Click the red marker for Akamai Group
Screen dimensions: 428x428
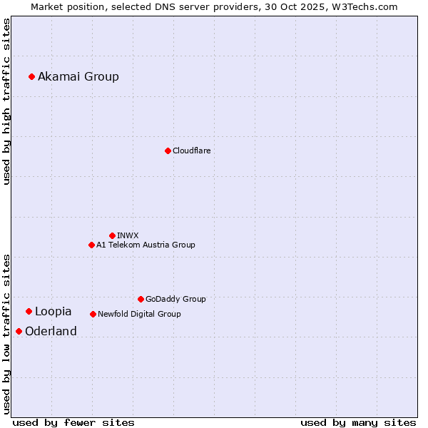tap(31, 76)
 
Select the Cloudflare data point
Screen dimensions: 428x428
tap(168, 151)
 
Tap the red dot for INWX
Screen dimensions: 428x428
tap(112, 235)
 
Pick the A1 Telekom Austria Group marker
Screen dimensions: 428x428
tap(91, 245)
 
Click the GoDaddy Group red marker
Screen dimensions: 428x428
tap(141, 299)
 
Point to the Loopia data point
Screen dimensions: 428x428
tap(29, 311)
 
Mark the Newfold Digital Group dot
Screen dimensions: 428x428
tap(93, 314)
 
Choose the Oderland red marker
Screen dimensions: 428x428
tap(19, 331)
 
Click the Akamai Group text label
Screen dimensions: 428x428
tap(78, 76)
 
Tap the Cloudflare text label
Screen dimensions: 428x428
tap(191, 151)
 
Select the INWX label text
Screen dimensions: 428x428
tap(128, 235)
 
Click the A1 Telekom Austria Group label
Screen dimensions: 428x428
tap(146, 245)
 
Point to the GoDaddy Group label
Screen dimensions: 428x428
tap(175, 299)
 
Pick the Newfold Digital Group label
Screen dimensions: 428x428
tap(139, 314)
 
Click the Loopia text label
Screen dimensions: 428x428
tap(53, 311)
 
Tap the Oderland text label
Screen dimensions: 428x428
tap(51, 331)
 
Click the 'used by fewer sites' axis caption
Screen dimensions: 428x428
tap(73, 422)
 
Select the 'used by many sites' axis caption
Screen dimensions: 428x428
tap(358, 422)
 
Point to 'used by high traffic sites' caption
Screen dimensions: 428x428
tap(6, 101)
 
